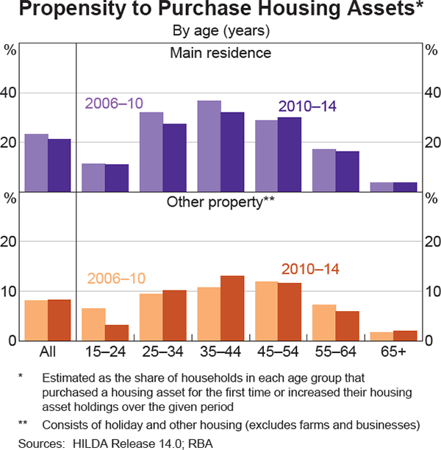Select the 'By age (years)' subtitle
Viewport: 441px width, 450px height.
pos(220,31)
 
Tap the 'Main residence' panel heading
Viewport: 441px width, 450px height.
pos(220,53)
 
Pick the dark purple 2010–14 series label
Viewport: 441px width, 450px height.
pos(306,107)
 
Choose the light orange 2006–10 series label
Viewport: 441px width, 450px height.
pos(116,279)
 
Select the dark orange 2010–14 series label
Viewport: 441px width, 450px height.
pos(309,270)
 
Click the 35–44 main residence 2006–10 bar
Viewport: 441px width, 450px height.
pos(209,146)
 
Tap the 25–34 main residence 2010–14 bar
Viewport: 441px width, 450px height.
pos(175,157)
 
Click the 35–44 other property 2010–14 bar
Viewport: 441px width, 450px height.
pos(232,307)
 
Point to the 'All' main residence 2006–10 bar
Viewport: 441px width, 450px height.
pos(37,162)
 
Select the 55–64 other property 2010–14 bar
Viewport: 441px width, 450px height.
pos(348,325)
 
